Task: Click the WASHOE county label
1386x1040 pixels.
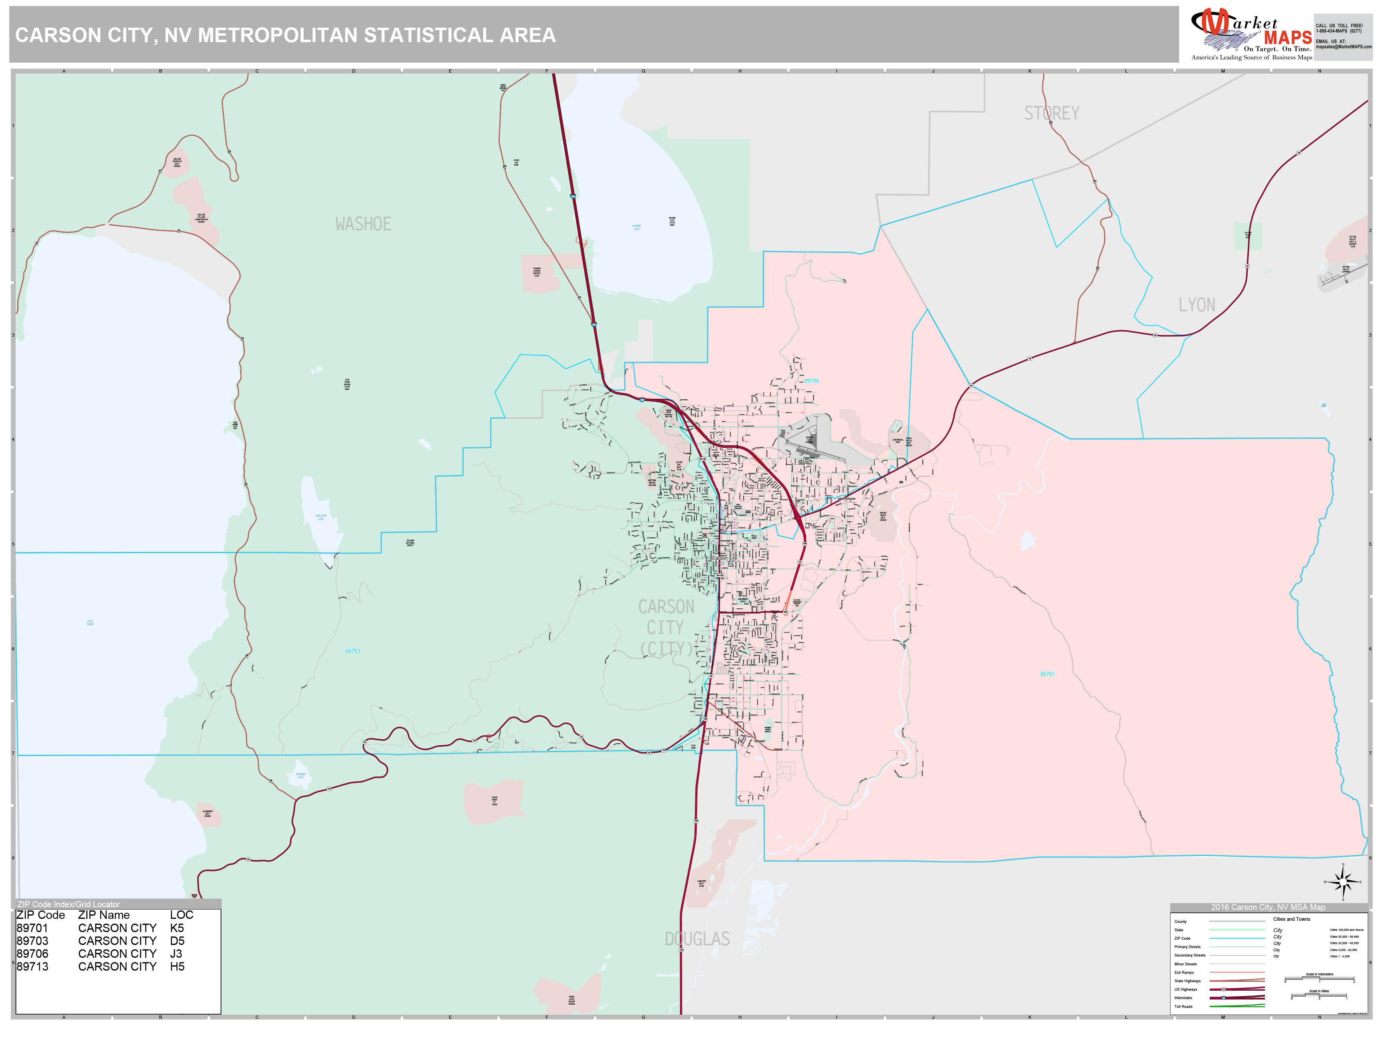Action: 363,224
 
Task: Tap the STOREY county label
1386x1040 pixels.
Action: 1052,114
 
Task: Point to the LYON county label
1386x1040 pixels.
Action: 1196,305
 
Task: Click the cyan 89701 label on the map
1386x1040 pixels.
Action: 1047,674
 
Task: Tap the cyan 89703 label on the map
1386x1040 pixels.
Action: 353,651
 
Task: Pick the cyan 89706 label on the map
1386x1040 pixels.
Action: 811,381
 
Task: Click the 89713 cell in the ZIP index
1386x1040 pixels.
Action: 32,967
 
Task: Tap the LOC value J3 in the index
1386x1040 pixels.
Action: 176,953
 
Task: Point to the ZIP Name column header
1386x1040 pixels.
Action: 103,915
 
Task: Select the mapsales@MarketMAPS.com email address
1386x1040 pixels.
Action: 1343,47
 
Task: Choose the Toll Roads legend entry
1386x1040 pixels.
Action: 1183,1006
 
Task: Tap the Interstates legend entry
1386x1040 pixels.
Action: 1183,997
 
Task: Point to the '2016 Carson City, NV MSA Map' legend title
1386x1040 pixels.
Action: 1268,907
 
